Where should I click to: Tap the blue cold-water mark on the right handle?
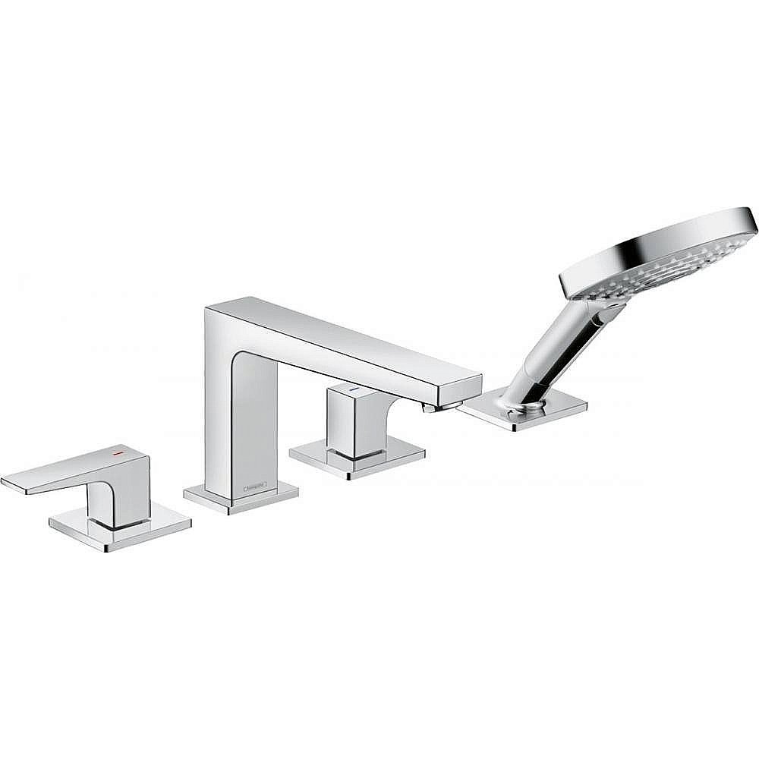(352, 389)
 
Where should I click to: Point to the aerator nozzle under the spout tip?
(430, 408)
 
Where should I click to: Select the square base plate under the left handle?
(120, 528)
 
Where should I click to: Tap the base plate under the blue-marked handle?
(357, 460)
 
